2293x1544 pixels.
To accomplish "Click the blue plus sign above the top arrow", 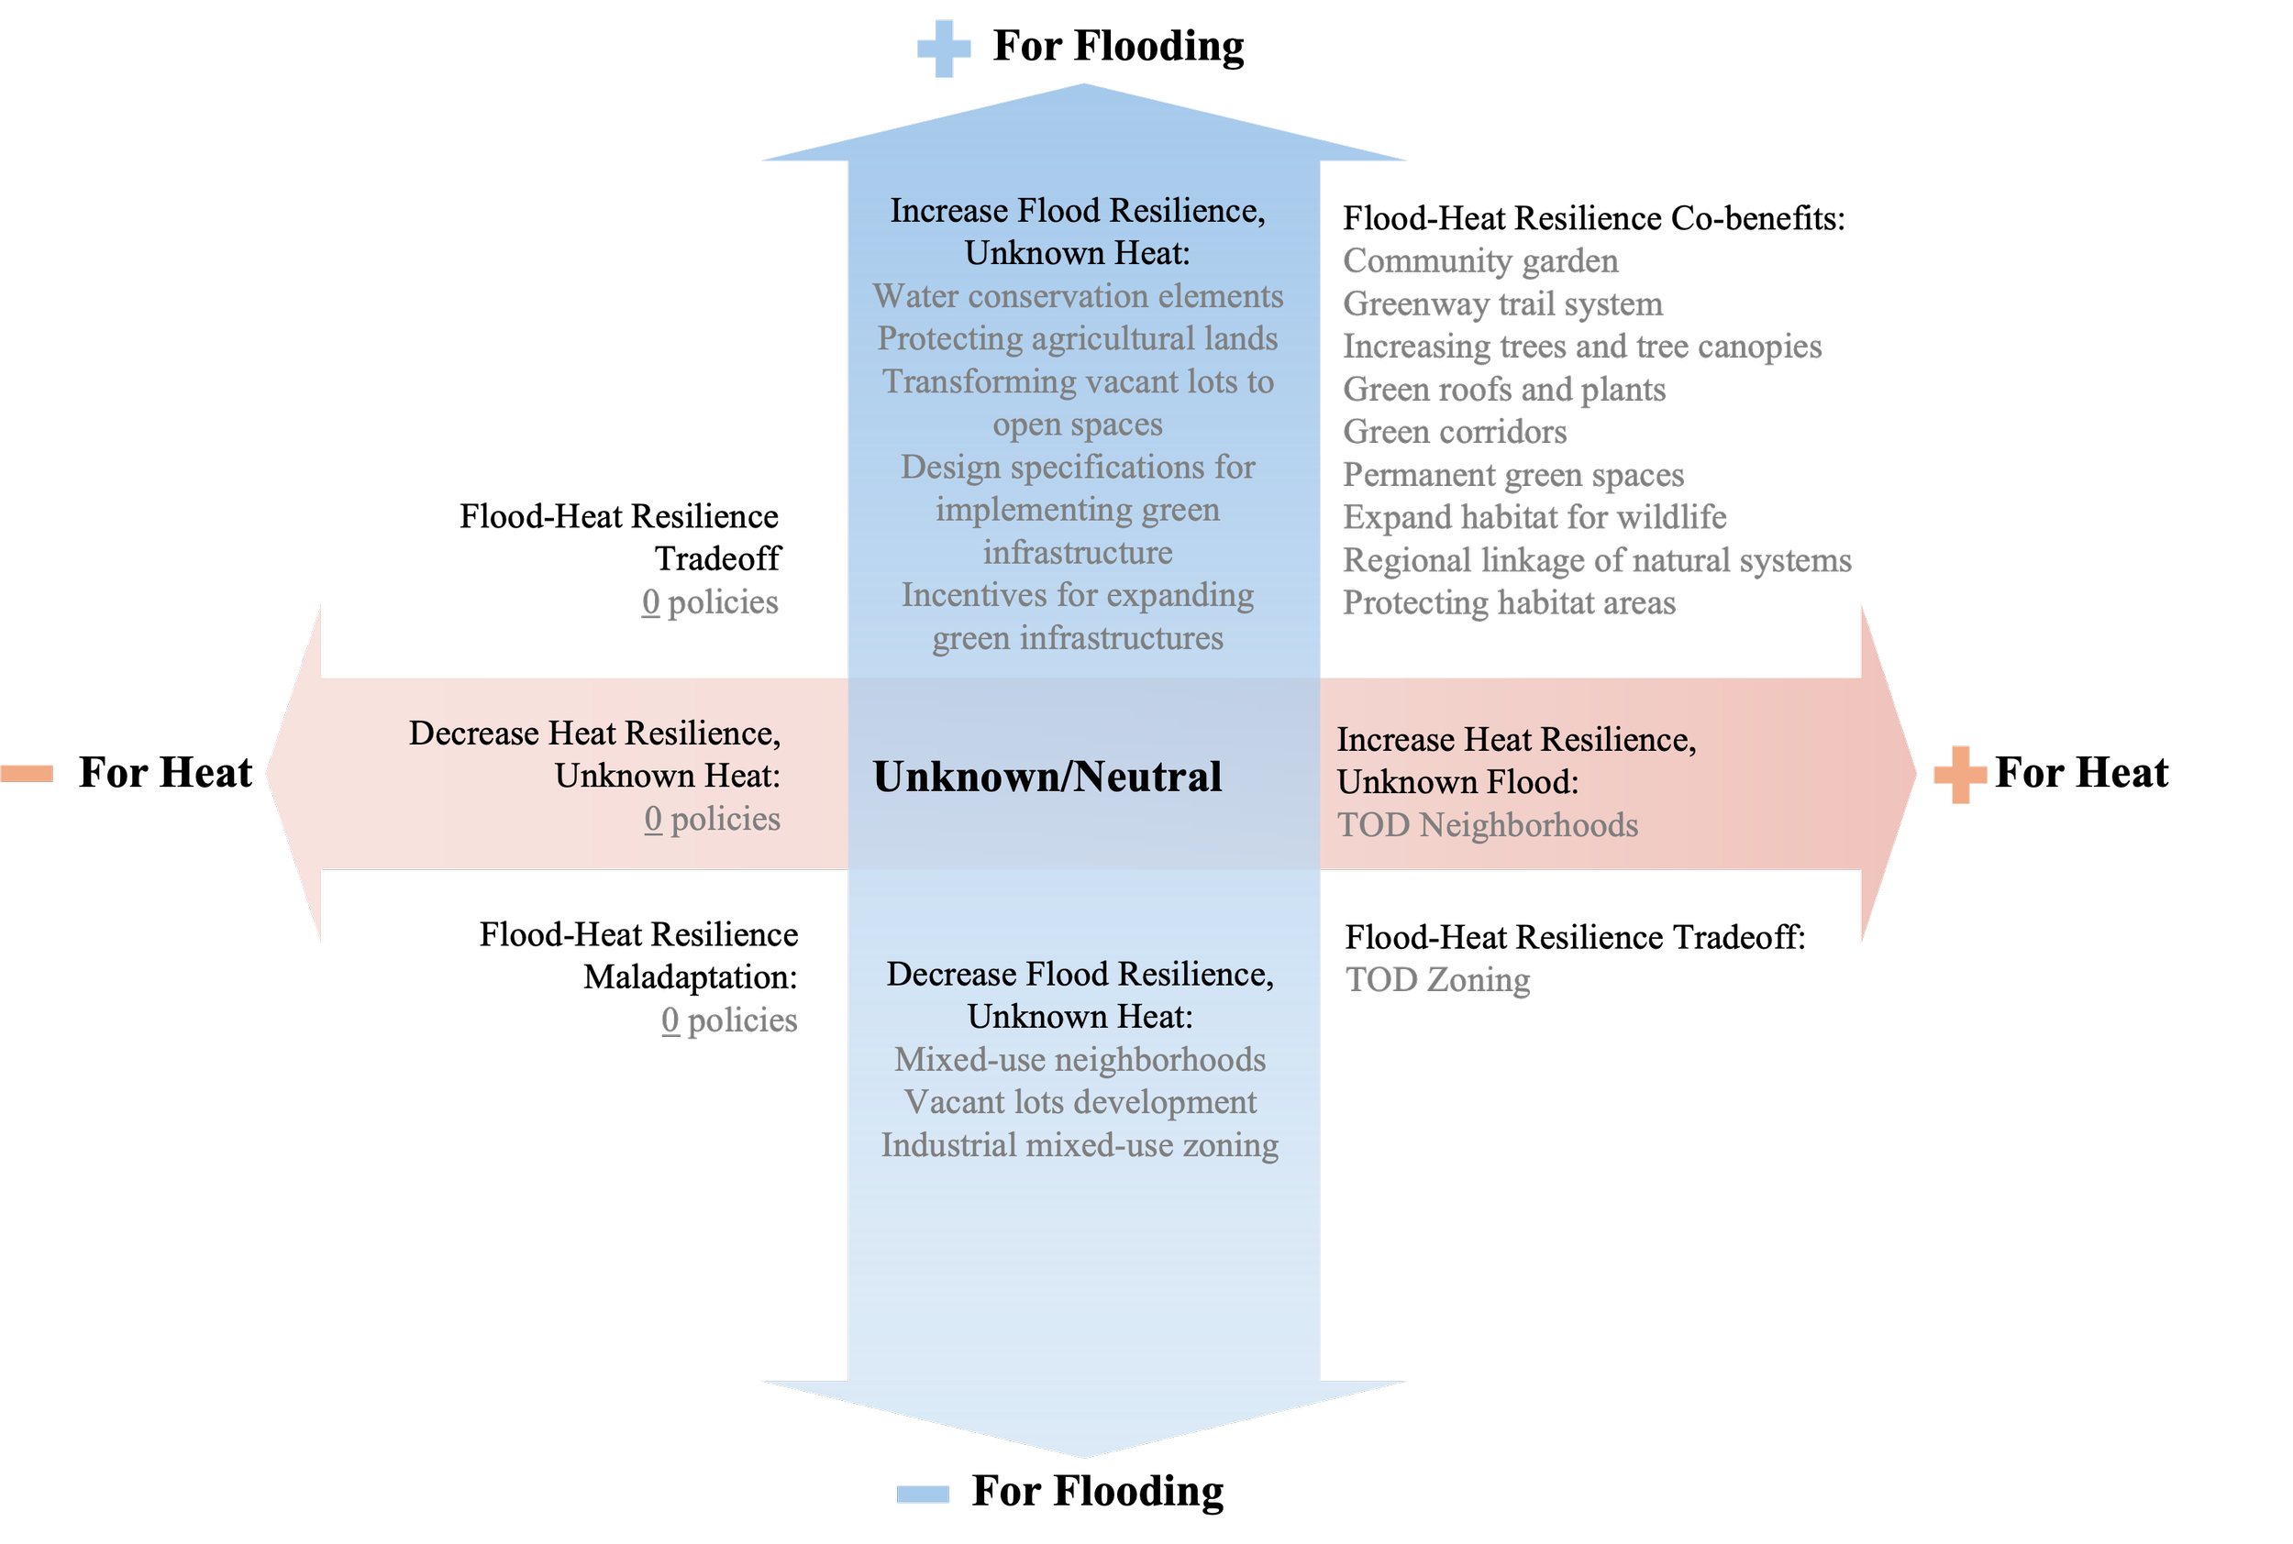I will (x=944, y=49).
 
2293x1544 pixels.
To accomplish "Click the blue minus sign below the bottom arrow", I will (x=923, y=1494).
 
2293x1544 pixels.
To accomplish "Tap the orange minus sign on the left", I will (x=27, y=774).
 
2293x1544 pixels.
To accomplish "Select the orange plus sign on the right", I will (x=1960, y=775).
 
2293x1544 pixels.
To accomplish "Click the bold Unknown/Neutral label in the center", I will (x=1047, y=777).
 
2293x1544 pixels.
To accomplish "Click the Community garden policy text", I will (x=1479, y=261).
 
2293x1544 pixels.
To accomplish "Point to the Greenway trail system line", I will (x=1502, y=304).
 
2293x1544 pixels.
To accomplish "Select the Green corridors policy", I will (x=1454, y=432).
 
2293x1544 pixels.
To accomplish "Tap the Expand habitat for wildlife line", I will (x=1534, y=517).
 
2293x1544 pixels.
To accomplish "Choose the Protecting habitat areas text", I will (x=1508, y=602).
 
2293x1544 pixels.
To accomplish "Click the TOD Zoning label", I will (x=1437, y=980).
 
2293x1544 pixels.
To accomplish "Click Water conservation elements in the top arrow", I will (x=1078, y=296).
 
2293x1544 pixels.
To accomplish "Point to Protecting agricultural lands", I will (x=1078, y=338).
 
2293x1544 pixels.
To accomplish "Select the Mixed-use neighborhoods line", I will (x=1080, y=1060).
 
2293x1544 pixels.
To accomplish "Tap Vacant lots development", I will (x=1080, y=1102).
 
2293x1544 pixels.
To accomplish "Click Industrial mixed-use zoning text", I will (x=1080, y=1145).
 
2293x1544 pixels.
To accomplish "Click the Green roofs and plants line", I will (x=1504, y=390).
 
